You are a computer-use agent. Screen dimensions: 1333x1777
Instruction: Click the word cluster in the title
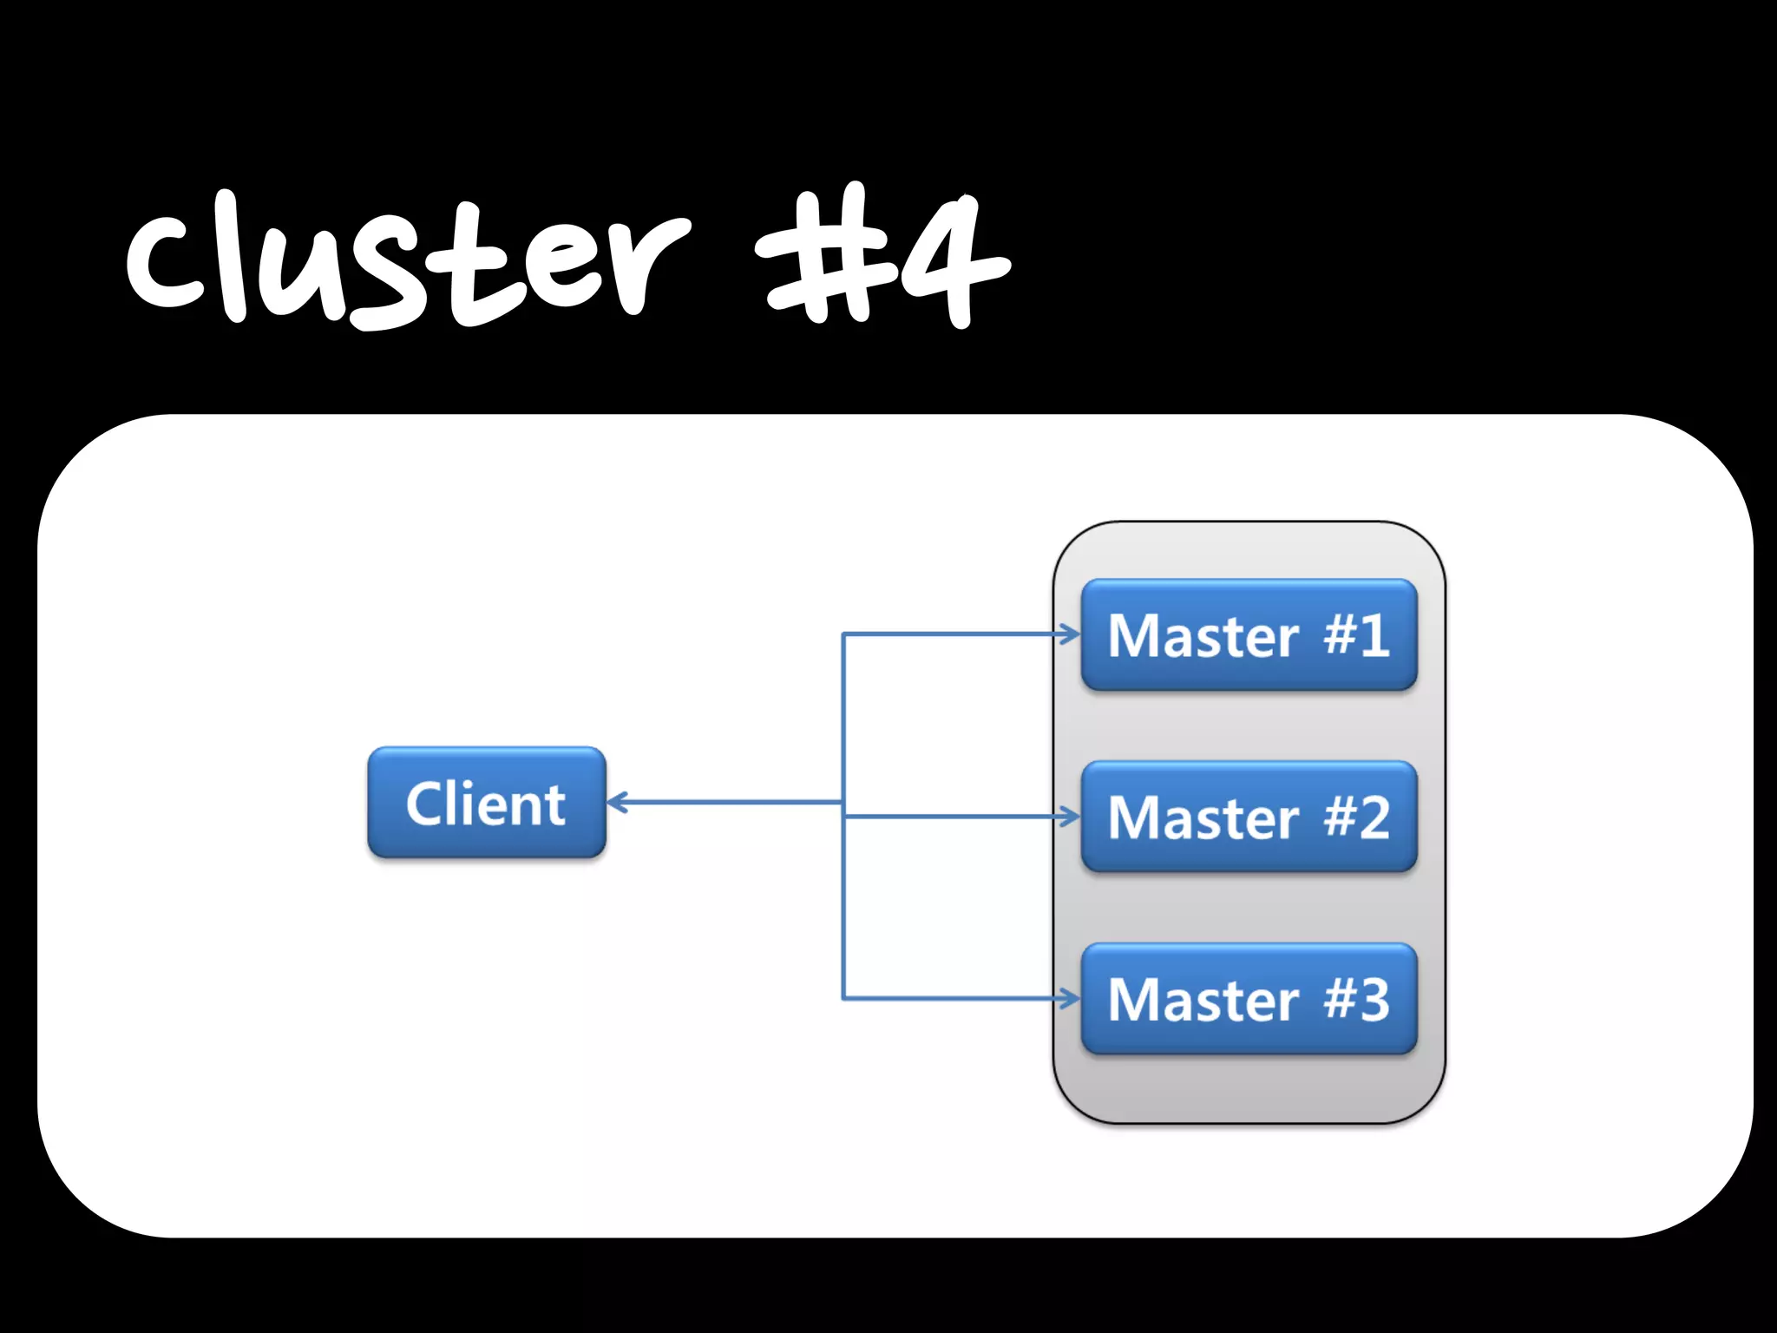coord(408,260)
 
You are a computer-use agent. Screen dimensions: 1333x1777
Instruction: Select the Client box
coord(486,803)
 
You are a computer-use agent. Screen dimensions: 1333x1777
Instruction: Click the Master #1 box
coord(1249,634)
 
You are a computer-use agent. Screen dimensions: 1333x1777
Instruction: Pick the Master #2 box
coord(1249,817)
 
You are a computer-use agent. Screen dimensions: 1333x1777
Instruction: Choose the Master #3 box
coord(1249,999)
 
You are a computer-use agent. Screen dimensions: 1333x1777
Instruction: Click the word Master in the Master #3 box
coord(1203,1000)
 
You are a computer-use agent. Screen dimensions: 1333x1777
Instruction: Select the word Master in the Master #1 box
coord(1203,635)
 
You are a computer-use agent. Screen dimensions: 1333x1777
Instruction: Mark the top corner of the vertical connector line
coord(843,634)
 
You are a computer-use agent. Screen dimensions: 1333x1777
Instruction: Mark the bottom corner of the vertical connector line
coord(843,999)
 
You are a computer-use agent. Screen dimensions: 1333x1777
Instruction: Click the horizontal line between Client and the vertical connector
coord(729,802)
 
